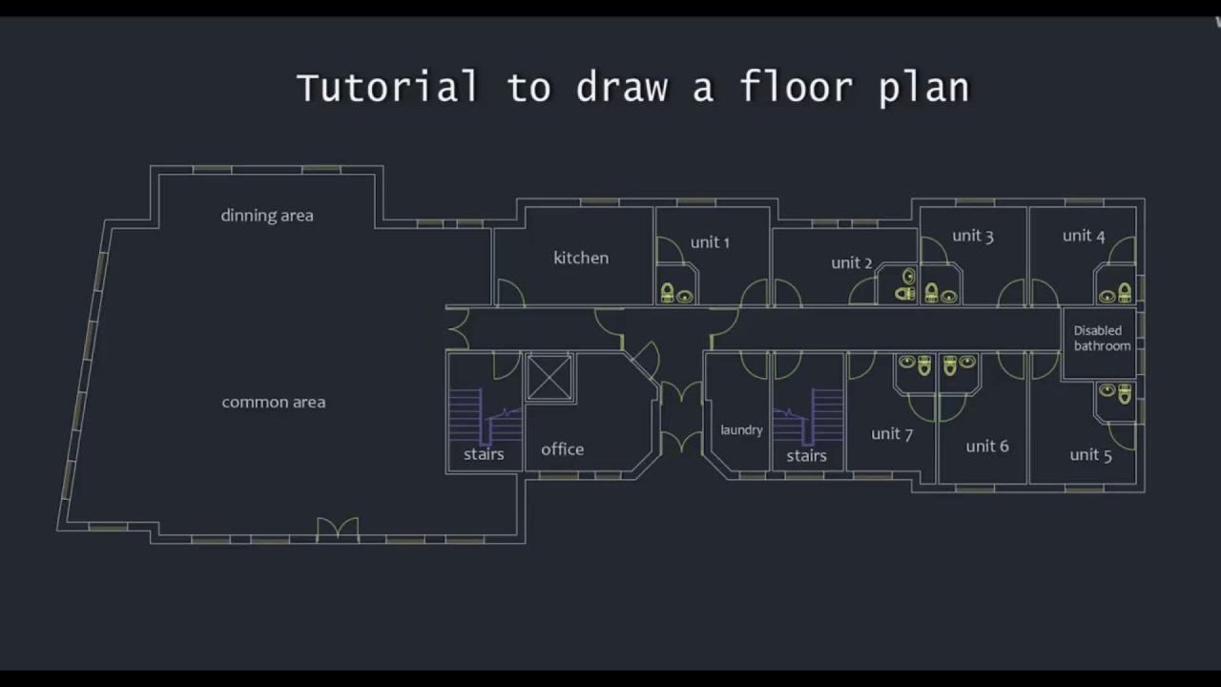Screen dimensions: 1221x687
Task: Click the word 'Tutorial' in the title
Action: click(x=387, y=87)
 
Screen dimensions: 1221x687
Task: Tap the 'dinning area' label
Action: click(x=267, y=216)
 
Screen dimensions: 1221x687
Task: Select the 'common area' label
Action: click(x=274, y=403)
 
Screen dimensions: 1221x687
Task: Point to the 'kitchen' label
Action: click(x=581, y=258)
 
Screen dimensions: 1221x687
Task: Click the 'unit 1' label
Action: click(x=710, y=242)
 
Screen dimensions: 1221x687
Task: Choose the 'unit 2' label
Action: click(x=852, y=262)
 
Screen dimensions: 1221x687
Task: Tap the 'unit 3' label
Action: click(x=973, y=236)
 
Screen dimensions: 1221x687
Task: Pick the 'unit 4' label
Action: click(x=1084, y=236)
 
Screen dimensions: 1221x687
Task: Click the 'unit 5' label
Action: click(x=1090, y=455)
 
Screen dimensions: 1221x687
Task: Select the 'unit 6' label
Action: click(x=987, y=446)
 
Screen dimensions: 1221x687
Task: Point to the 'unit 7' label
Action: click(x=892, y=434)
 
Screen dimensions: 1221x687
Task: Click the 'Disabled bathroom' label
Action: click(x=1102, y=338)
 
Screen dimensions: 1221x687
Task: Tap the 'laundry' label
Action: click(x=741, y=430)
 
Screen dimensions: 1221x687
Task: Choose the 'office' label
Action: click(x=563, y=449)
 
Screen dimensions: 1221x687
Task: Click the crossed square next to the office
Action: click(x=550, y=378)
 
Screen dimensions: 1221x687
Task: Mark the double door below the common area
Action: click(x=338, y=528)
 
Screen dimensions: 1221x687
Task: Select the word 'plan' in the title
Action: click(x=924, y=89)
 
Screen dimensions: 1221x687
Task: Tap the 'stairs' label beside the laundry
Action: click(x=806, y=456)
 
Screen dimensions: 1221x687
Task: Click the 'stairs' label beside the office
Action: click(x=484, y=454)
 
